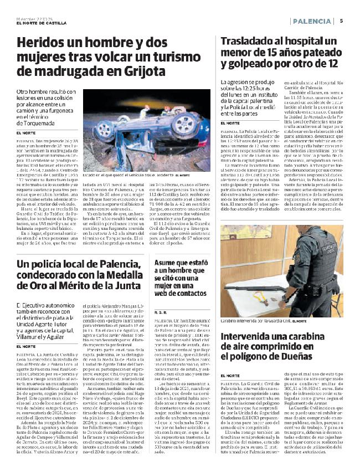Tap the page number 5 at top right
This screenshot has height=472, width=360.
(x=342, y=21)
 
